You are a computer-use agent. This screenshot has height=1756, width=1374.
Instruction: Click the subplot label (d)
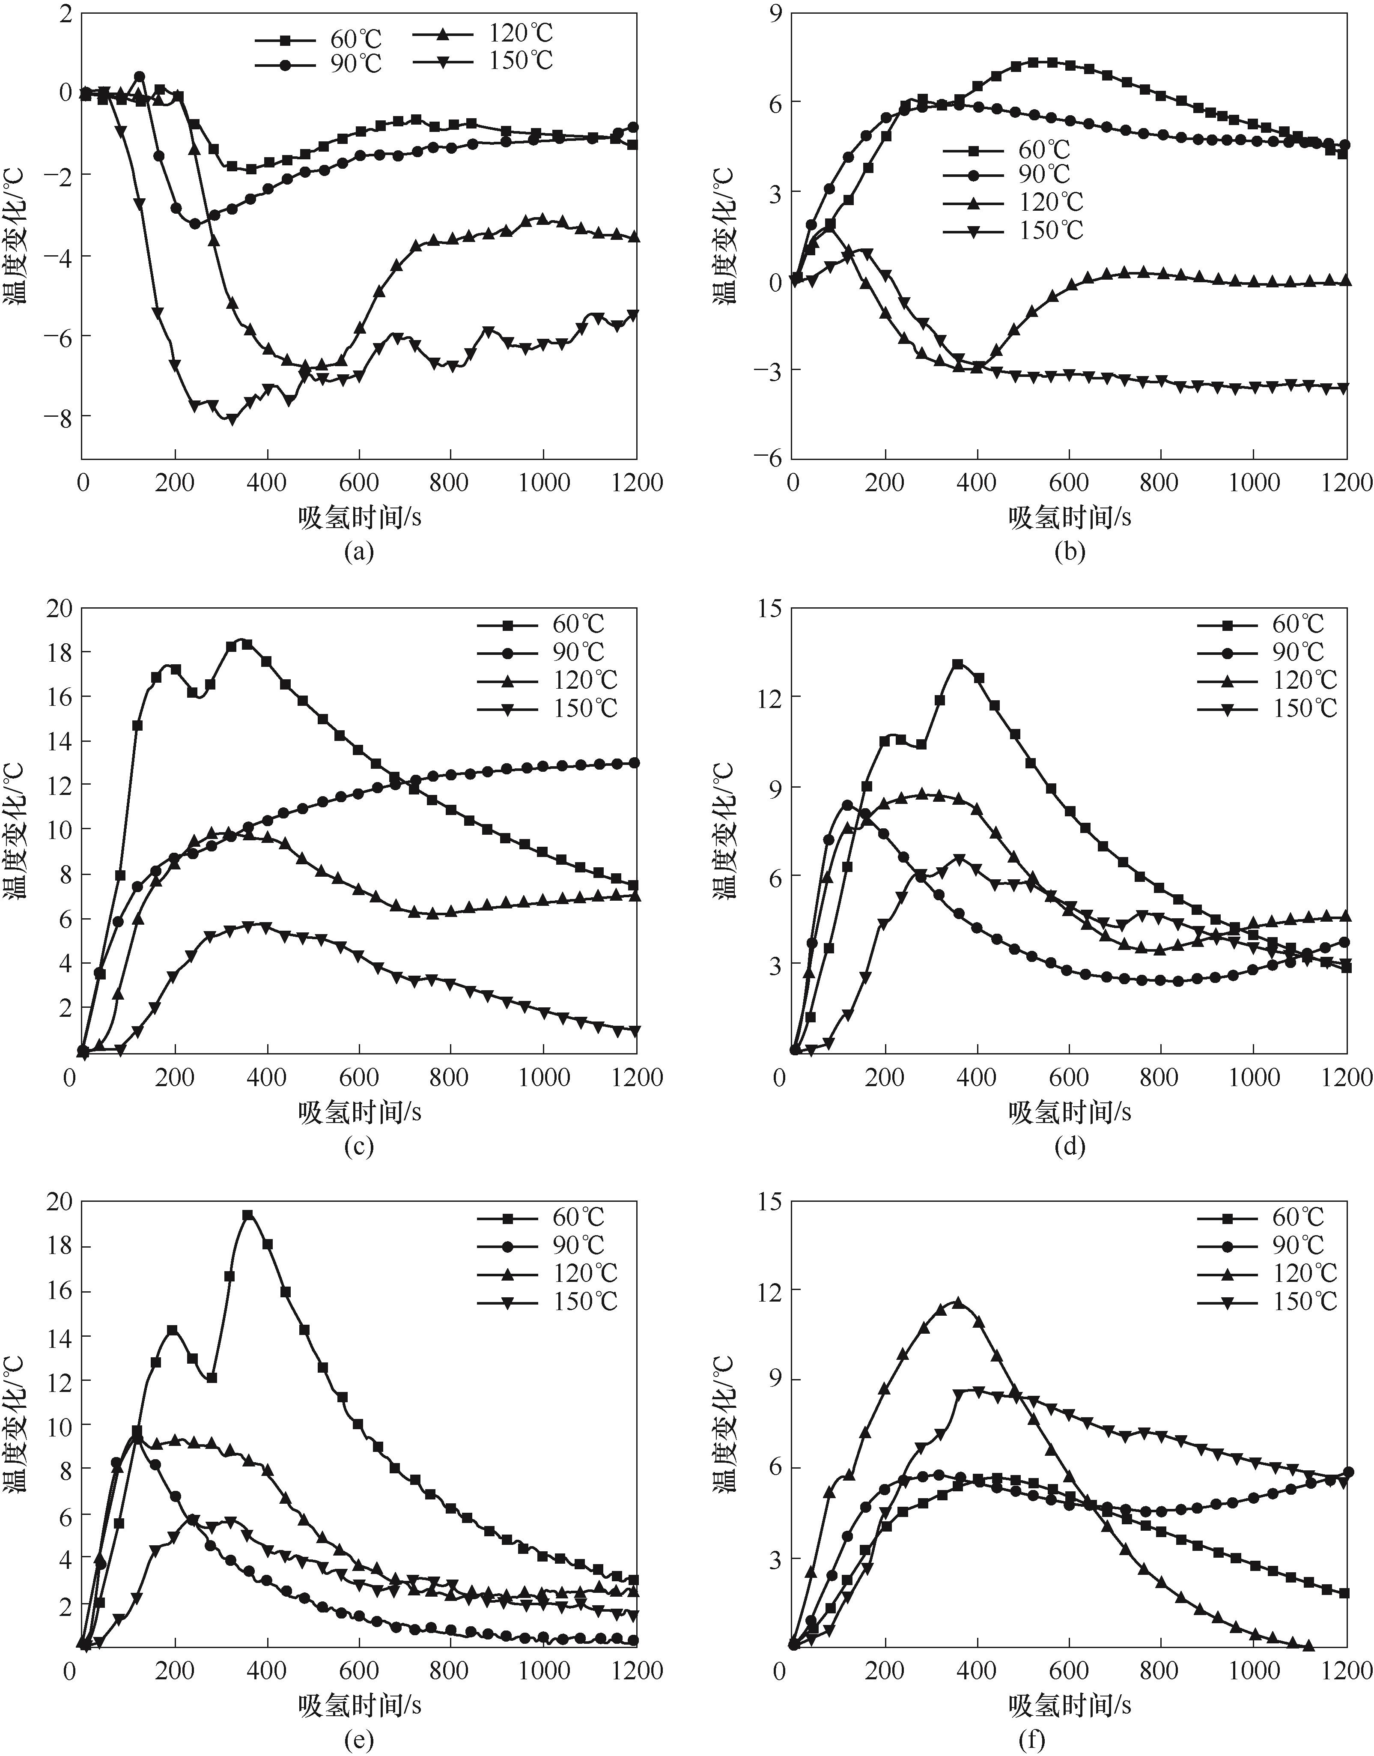(1069, 1146)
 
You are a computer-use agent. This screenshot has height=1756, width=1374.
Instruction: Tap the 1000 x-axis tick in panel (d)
(1253, 1077)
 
